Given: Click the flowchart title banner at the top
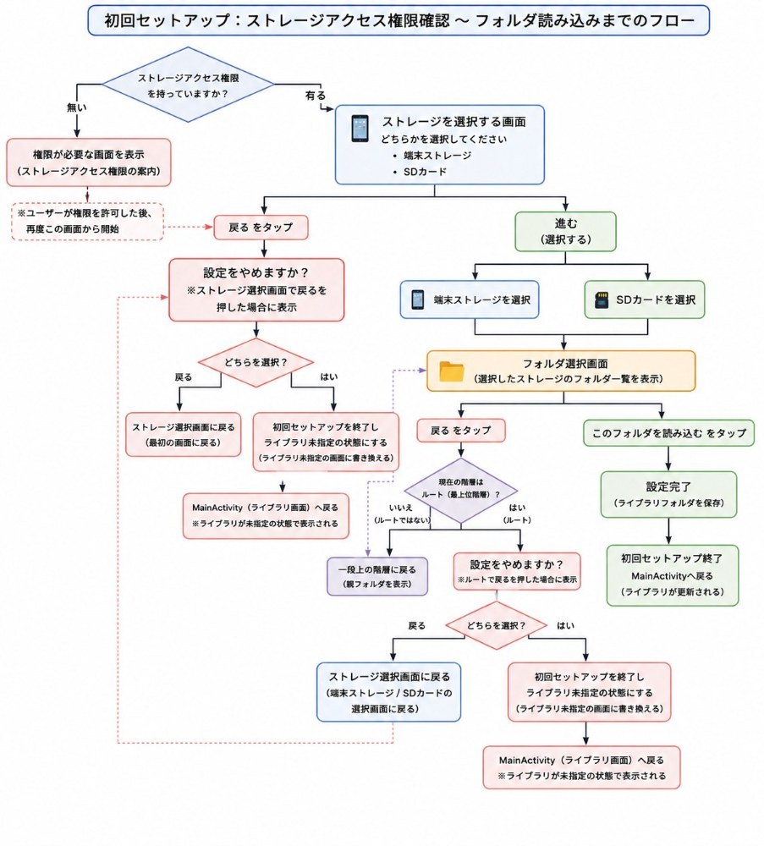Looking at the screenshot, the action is tap(398, 20).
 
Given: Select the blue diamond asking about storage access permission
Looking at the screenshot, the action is tap(188, 85).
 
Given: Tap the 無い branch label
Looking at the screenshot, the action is tap(77, 107).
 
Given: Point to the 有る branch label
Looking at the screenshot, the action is tap(316, 96).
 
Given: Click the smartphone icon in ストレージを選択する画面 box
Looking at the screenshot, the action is tap(360, 129).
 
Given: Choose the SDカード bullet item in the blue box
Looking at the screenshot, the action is tap(426, 172).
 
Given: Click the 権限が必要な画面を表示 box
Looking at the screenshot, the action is tap(89, 162).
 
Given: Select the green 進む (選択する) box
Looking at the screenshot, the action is tap(565, 232).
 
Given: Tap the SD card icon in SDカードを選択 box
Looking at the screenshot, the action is tap(602, 299).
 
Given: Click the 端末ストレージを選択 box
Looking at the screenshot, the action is tap(470, 299).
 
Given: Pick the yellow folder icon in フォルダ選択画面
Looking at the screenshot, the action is tap(452, 371).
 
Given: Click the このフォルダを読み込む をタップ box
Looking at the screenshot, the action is tap(668, 432).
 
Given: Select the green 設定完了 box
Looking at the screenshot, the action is tap(668, 495).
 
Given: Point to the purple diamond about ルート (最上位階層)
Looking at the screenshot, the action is tap(461, 491).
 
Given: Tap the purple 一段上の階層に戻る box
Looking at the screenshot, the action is tap(377, 576).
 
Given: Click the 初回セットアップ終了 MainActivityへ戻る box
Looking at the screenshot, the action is tap(673, 575).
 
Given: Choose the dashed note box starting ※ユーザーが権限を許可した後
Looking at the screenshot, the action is tap(87, 221).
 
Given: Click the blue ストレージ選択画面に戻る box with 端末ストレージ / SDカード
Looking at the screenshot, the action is tap(388, 692).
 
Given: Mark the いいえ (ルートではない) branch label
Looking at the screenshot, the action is tap(401, 514).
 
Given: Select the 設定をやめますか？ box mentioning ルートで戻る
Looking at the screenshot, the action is tap(517, 571).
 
